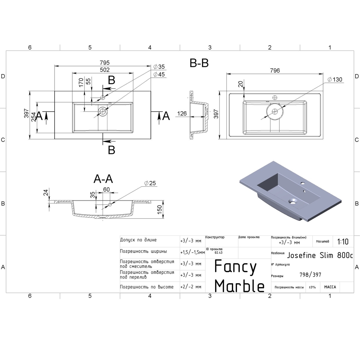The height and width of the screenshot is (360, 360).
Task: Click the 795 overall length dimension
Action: coord(105,63)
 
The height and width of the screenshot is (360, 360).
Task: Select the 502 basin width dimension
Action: coord(105,70)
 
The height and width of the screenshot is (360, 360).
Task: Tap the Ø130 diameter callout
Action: coord(335,79)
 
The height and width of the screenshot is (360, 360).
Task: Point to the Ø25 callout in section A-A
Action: coord(150,183)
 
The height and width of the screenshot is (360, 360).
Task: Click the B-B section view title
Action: coord(199,63)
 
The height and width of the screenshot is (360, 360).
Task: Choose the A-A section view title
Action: coord(103,179)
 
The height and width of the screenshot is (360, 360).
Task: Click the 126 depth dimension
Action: coord(182,113)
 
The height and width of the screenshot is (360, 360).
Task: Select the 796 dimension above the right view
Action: coord(275,70)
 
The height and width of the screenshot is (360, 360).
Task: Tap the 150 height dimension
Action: coord(159,210)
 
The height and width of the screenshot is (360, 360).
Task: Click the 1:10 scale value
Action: coord(343,242)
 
